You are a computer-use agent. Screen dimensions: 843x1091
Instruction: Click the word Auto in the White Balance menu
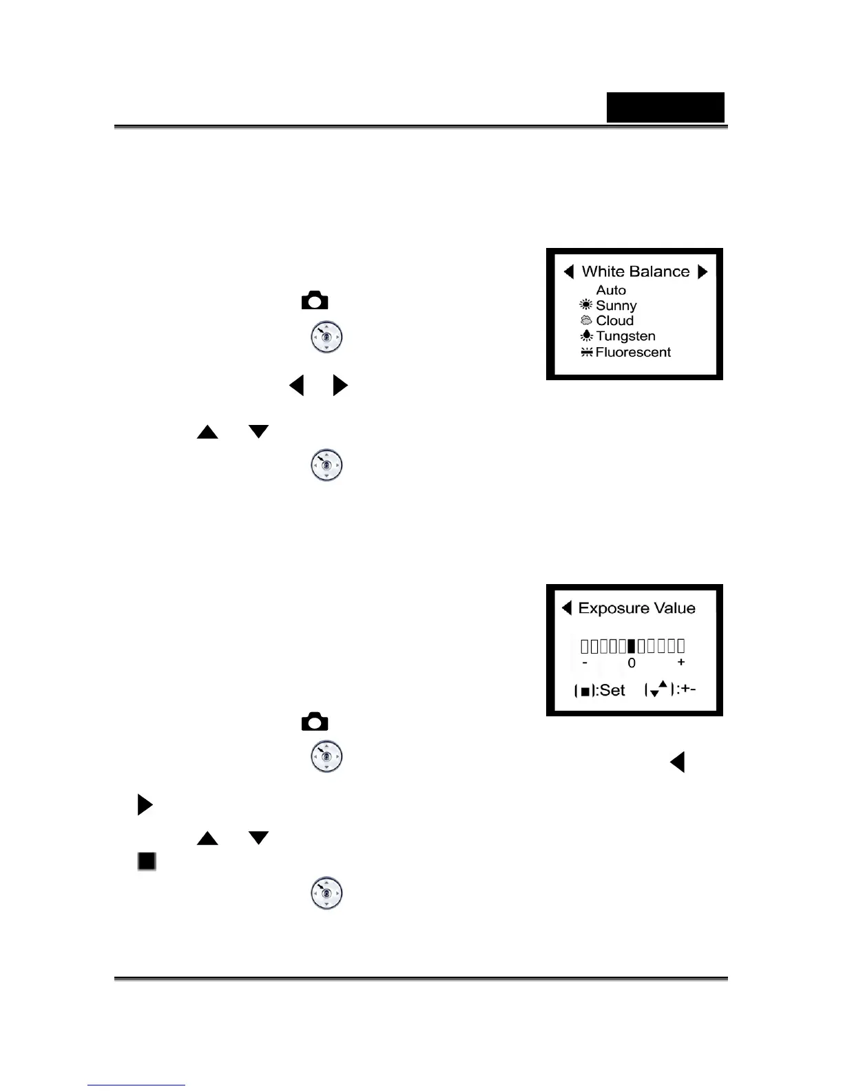point(611,290)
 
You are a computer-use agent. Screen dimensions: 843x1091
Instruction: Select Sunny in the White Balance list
point(616,305)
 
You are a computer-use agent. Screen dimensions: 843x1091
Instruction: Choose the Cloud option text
point(615,320)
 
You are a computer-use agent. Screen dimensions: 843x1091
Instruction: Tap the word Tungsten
point(625,336)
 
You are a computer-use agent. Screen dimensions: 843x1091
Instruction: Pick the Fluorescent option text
point(633,352)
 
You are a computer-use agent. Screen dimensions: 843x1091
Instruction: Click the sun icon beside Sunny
point(586,304)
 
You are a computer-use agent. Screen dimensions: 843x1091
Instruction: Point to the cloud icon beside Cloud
point(586,320)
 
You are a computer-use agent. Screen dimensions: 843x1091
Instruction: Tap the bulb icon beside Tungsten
point(586,335)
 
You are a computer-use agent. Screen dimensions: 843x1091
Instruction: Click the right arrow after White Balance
point(702,271)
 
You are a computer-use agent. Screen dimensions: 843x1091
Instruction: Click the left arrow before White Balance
point(568,271)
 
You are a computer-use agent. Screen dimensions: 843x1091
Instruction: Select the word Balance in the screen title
point(662,271)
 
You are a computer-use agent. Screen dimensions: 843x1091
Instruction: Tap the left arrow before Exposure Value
point(567,607)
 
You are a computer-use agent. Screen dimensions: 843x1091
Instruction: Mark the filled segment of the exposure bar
point(631,645)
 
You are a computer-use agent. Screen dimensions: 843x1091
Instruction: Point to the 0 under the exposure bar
point(632,663)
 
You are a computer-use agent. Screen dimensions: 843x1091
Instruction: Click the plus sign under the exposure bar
point(681,662)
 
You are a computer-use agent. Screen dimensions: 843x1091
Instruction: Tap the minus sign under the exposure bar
point(585,663)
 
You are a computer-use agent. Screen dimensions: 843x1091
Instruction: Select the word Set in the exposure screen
point(612,690)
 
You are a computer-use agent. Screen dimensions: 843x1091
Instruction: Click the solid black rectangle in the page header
point(665,107)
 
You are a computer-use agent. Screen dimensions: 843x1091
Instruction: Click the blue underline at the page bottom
point(136,1085)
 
